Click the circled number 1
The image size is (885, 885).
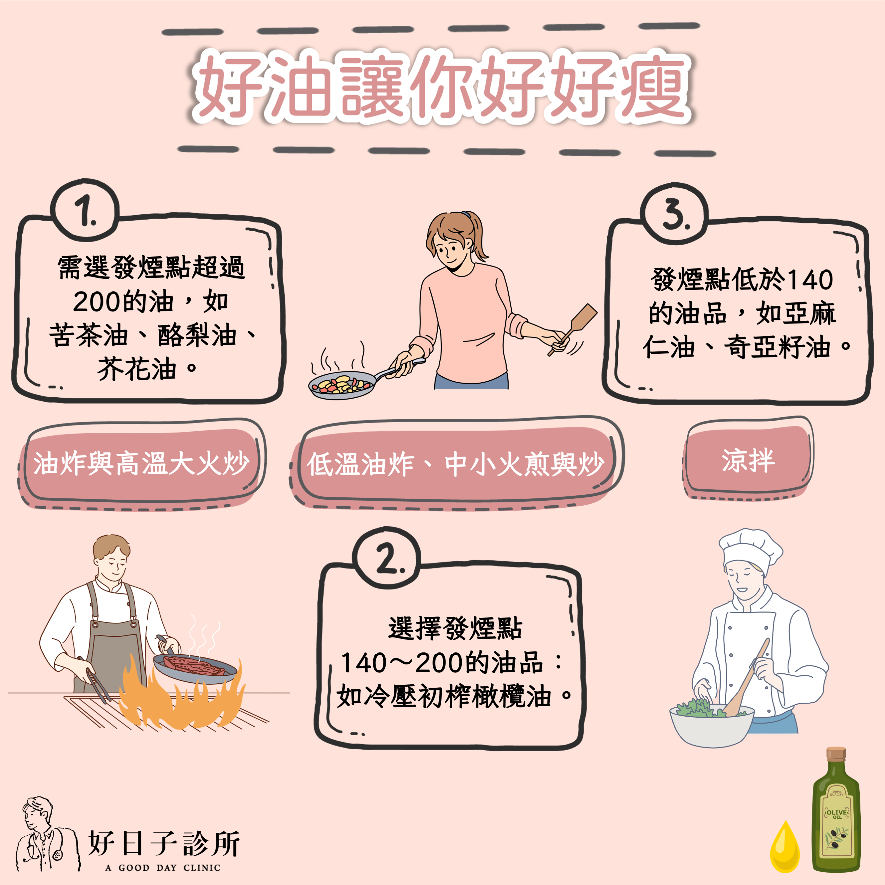(85, 210)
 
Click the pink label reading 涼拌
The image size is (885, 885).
(748, 459)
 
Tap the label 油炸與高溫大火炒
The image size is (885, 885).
(141, 463)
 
